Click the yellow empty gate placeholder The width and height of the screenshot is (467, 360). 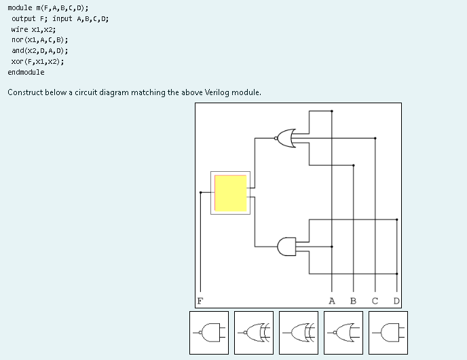(231, 193)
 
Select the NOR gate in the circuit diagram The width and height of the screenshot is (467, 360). (286, 138)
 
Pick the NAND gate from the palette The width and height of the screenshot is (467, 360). (209, 333)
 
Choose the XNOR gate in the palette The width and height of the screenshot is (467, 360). (254, 333)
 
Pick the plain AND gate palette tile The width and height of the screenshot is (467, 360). (388, 333)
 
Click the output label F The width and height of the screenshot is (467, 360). (200, 300)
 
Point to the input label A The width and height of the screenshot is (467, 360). (331, 300)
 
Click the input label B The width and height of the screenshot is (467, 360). (353, 300)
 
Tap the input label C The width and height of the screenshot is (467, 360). (375, 300)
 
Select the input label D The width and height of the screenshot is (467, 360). (396, 300)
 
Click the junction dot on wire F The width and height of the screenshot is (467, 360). (200, 192)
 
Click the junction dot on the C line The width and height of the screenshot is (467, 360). (375, 138)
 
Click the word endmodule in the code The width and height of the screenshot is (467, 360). (26, 72)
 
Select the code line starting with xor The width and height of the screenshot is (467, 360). (37, 61)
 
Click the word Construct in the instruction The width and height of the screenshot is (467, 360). (24, 92)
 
